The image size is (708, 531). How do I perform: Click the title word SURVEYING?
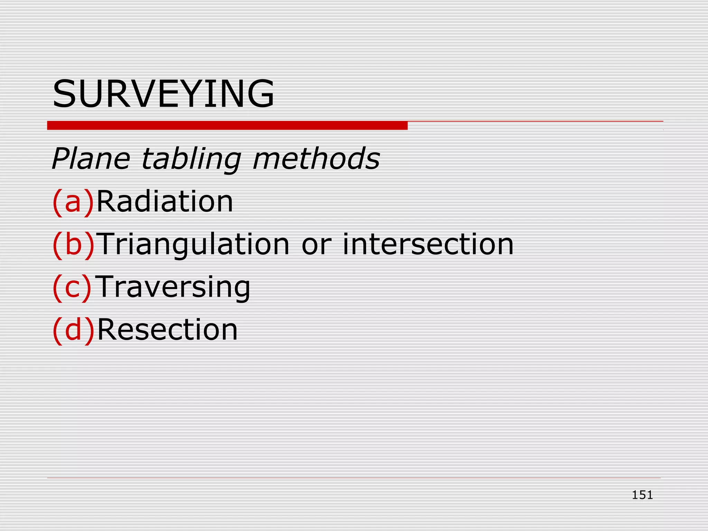[163, 94]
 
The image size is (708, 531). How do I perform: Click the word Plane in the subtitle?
[91, 159]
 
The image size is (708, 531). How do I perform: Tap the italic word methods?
[316, 159]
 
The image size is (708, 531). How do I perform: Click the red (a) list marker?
[73, 202]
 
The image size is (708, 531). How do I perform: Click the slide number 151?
[642, 495]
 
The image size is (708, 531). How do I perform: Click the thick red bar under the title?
[227, 125]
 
